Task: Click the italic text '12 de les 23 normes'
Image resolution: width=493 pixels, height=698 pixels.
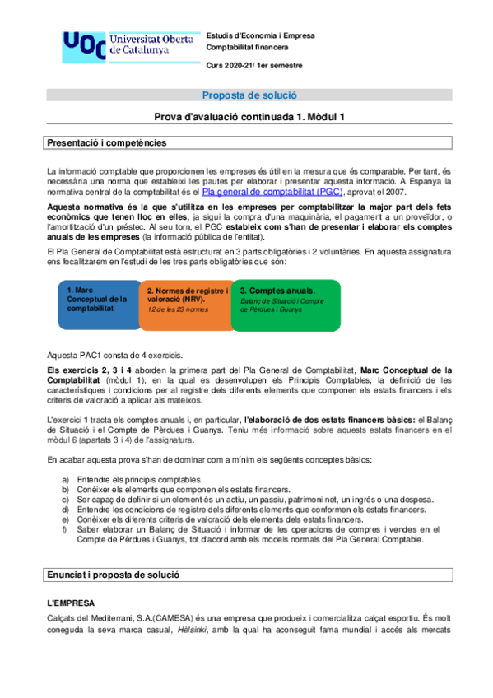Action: pyautogui.click(x=178, y=309)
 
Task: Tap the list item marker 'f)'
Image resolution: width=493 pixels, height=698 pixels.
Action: pyautogui.click(x=66, y=529)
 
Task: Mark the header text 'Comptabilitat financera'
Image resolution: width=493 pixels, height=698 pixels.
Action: pyautogui.click(x=252, y=48)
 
